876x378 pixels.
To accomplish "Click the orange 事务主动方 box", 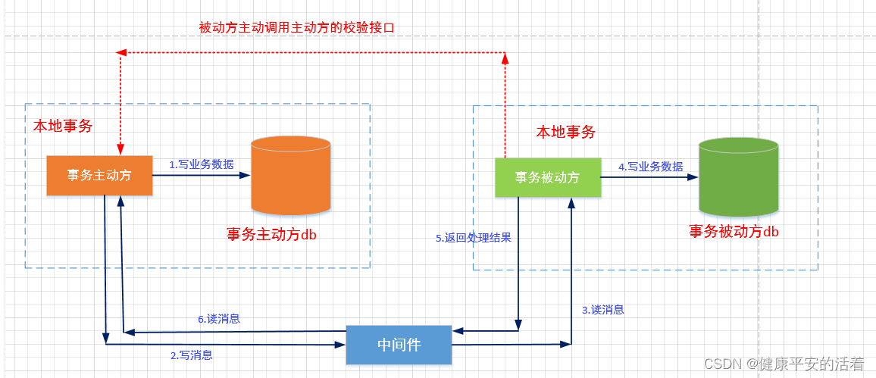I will (99, 175).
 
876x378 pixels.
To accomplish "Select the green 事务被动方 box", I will (547, 177).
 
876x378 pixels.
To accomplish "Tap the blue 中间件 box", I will (399, 345).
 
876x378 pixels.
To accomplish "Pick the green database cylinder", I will (738, 177).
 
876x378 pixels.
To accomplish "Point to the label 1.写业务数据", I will (201, 164).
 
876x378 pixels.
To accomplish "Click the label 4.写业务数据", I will (650, 166).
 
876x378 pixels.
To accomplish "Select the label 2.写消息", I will (191, 355).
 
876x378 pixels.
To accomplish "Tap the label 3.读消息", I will (603, 309).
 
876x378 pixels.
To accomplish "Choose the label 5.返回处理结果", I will (474, 238).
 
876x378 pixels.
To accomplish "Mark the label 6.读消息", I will (219, 319).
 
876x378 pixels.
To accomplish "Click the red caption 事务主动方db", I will (271, 234).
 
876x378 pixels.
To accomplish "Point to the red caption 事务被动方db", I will (734, 232).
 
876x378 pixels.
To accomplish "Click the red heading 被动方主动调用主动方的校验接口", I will (297, 27).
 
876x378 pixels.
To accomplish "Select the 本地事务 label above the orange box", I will (63, 127).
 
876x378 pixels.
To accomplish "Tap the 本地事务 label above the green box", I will (566, 132).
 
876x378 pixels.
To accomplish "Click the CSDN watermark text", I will (784, 364).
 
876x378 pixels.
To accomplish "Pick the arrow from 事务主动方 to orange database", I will (201, 175).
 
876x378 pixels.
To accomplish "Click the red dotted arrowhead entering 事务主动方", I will (120, 150).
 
